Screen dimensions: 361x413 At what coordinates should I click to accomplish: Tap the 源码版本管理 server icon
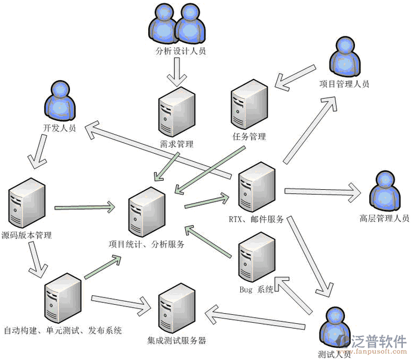point(27,203)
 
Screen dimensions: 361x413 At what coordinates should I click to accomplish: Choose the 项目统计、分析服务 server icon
point(146,211)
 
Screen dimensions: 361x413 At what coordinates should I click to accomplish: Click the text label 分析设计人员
point(180,52)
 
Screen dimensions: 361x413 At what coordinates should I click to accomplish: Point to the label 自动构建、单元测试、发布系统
point(63,330)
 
